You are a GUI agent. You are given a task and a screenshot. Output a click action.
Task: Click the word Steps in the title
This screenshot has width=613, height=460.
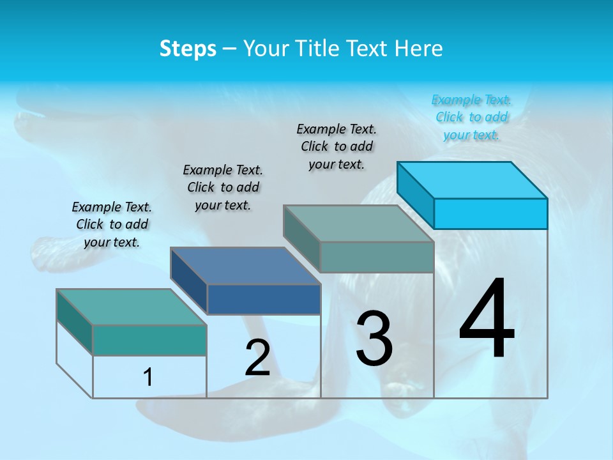(x=188, y=49)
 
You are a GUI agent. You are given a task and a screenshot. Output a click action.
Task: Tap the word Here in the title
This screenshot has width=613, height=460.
(x=419, y=49)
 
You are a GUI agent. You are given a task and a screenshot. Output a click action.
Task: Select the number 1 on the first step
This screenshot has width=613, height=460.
(x=148, y=377)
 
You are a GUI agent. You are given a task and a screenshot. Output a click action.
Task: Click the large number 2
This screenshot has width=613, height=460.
(x=257, y=358)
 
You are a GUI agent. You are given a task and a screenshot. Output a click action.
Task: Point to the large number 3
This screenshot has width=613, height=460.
(x=374, y=339)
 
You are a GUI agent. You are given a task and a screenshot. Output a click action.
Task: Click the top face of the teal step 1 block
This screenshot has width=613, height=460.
(x=132, y=307)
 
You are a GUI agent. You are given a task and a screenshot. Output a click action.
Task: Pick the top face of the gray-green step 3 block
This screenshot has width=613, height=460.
(x=359, y=224)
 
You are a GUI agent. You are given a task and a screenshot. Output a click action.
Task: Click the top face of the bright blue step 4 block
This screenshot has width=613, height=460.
(x=473, y=180)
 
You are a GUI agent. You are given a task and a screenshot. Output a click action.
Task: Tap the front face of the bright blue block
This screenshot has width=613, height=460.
(x=490, y=213)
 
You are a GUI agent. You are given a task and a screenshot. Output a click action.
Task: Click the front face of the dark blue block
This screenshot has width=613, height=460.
(x=264, y=299)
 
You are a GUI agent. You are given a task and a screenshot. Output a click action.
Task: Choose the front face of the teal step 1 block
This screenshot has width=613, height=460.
(x=149, y=340)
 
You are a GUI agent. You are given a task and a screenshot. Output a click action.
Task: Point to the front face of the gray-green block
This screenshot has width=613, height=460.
(x=377, y=257)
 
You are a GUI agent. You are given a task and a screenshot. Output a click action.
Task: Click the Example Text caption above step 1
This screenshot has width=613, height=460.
(x=112, y=224)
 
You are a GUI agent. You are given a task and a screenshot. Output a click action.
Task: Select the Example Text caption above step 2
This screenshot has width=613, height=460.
(x=223, y=187)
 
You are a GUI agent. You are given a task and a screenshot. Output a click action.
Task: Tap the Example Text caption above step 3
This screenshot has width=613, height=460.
(x=337, y=146)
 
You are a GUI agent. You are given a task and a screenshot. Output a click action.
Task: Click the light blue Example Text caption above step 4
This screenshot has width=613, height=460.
(x=471, y=117)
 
